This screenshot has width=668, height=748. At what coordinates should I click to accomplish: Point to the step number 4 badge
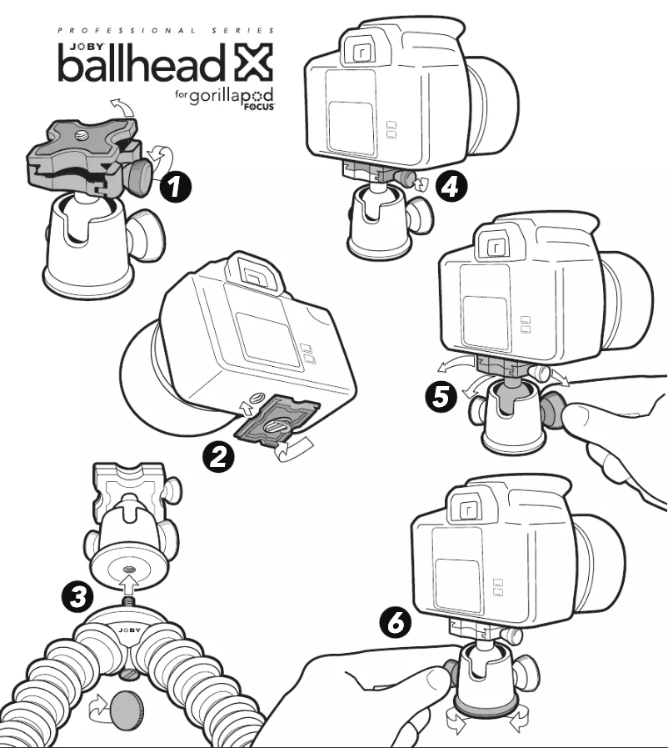(x=448, y=188)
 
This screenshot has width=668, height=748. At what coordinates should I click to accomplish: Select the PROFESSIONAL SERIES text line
(x=166, y=31)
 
